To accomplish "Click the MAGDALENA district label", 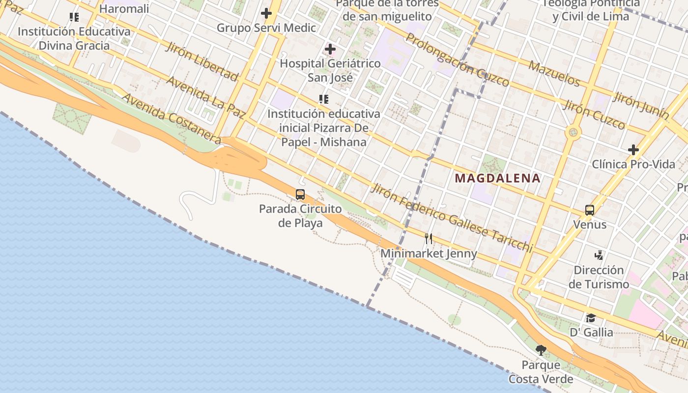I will (497, 178).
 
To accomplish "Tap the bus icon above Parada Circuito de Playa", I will (300, 195).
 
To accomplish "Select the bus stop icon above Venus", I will (590, 210).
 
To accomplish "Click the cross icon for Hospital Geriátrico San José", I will (330, 49).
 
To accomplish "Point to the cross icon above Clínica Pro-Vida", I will (633, 149).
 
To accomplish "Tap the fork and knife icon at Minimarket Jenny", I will (429, 239).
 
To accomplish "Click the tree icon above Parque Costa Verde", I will (541, 350).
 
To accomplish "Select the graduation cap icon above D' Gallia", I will (591, 318).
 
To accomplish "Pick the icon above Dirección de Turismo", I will (599, 255).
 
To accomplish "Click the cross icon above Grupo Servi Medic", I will (266, 13).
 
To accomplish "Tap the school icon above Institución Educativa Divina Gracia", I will (74, 17).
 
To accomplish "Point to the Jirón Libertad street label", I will (202, 61).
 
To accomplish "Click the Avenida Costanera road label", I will (171, 116).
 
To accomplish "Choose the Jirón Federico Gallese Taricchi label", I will (452, 218).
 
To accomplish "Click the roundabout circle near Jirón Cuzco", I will (573, 132).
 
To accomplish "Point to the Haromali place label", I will (124, 8).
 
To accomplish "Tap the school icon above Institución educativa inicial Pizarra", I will (323, 99).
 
